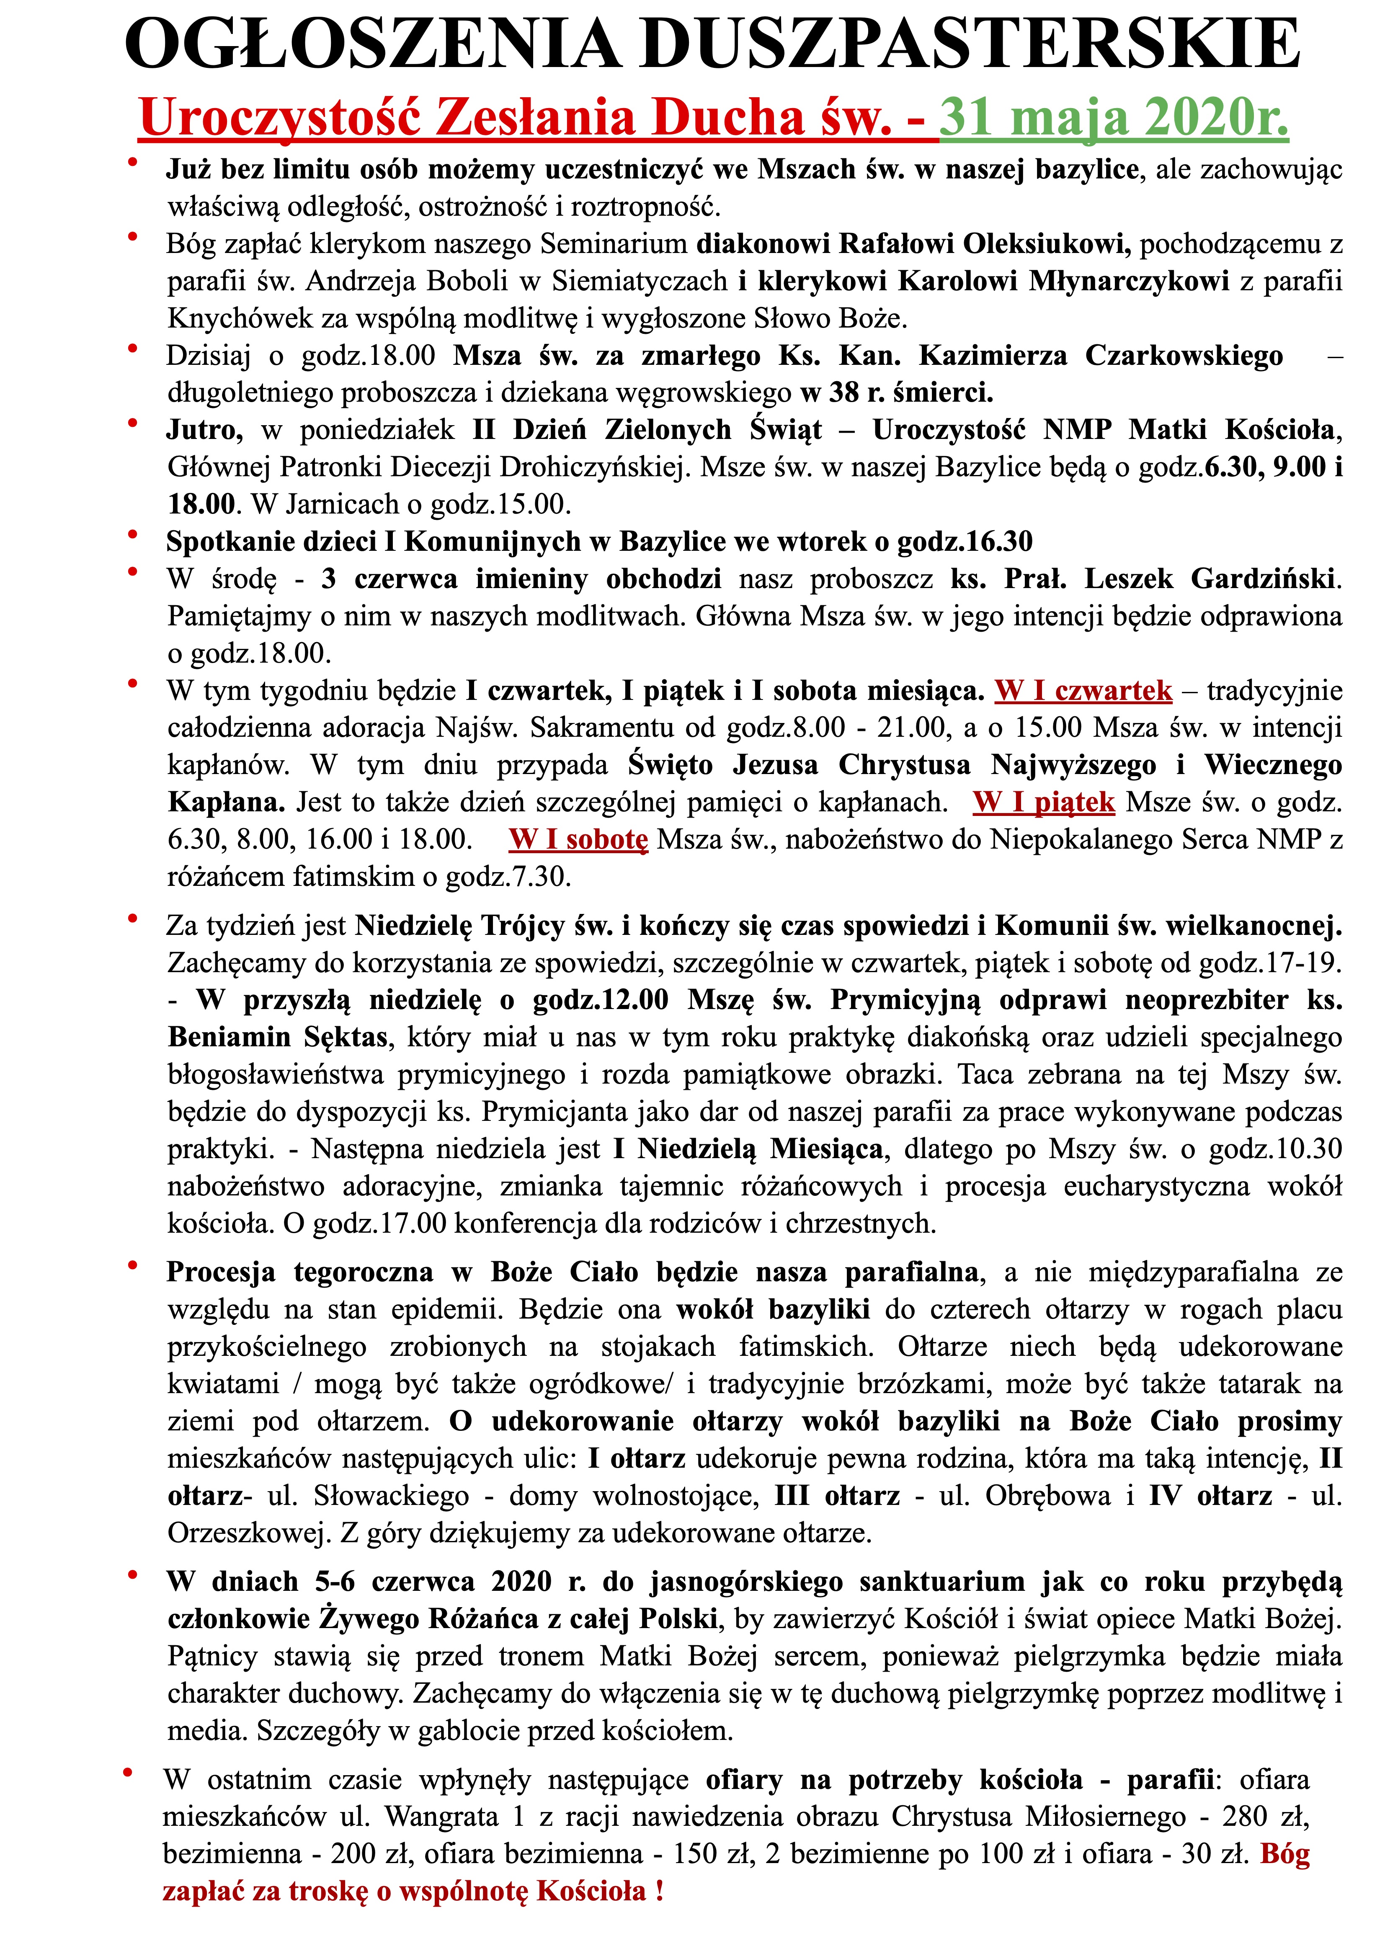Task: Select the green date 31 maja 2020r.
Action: coord(1114,117)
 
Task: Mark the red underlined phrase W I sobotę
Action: coord(578,839)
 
